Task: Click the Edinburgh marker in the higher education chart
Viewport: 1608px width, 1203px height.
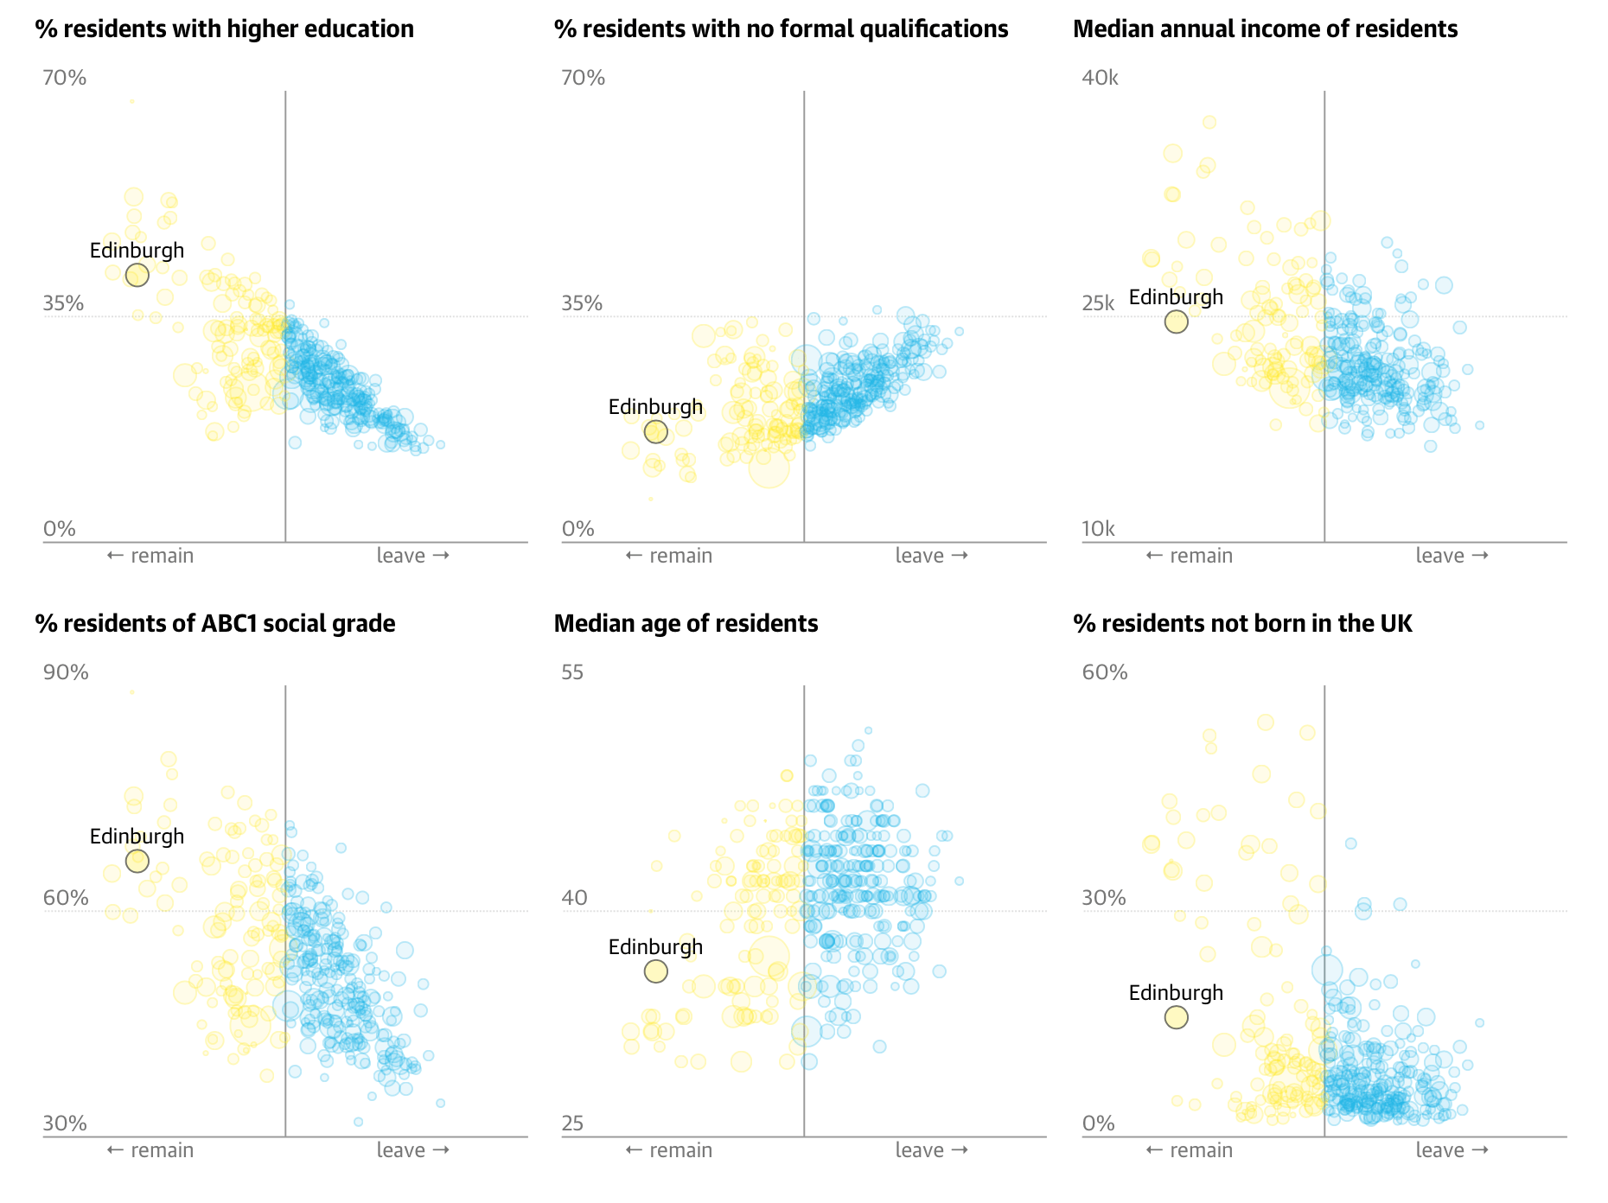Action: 137,275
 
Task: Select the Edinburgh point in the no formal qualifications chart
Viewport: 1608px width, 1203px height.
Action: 656,431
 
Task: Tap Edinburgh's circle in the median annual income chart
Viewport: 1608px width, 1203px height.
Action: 1176,321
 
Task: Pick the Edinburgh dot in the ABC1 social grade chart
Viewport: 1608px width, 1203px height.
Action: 137,861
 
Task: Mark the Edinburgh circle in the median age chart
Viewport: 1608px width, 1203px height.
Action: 656,971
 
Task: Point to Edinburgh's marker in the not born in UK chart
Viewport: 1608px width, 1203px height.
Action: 1176,1017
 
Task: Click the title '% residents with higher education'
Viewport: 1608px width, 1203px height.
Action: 225,29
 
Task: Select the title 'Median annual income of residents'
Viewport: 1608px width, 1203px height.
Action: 1265,29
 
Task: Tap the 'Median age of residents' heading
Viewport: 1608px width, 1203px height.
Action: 686,624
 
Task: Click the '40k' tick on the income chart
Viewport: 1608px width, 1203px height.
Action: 1100,79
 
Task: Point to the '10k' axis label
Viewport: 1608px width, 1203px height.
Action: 1098,529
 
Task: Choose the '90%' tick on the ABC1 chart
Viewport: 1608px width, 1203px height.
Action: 66,672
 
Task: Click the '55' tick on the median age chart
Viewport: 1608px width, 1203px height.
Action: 572,672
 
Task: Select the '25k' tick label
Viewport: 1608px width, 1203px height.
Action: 1098,303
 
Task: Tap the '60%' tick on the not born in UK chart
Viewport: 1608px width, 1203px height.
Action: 1105,672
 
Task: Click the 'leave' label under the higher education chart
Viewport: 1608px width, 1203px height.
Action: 412,556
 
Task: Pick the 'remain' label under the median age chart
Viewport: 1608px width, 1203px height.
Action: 669,1150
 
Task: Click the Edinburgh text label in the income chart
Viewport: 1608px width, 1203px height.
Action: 1176,297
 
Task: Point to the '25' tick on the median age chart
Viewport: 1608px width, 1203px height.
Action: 572,1123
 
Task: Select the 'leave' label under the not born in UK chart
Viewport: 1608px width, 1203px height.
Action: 1452,1150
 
